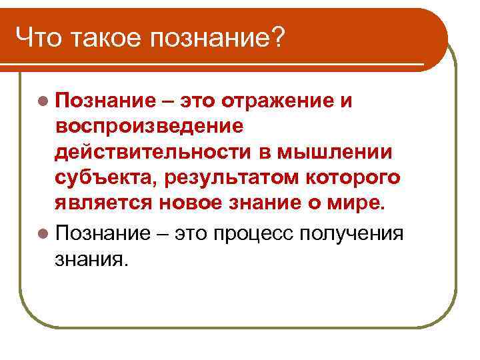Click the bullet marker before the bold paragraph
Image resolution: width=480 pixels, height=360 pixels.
[x=43, y=101]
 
